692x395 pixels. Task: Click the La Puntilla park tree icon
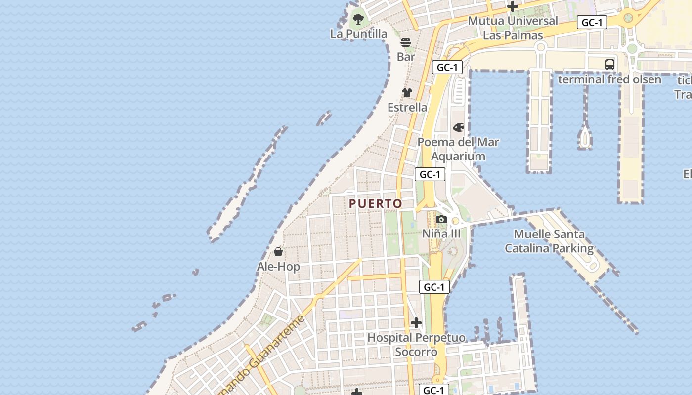click(x=358, y=20)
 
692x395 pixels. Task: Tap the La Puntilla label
click(x=358, y=34)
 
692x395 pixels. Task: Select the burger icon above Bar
click(x=406, y=43)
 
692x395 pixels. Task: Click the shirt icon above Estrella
click(x=407, y=93)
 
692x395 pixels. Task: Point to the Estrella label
click(x=407, y=107)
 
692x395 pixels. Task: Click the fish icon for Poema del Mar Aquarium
click(x=459, y=128)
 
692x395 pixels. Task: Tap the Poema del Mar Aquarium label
click(x=458, y=149)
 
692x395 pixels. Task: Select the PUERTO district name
click(x=376, y=203)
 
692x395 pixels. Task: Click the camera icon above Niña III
click(x=441, y=220)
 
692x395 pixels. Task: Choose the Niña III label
click(x=441, y=234)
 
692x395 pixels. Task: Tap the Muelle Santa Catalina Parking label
click(x=549, y=241)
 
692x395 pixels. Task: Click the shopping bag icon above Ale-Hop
click(x=278, y=252)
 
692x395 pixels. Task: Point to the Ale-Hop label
click(x=278, y=267)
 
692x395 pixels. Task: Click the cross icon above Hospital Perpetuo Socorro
click(x=416, y=323)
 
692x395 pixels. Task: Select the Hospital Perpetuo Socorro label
click(x=416, y=345)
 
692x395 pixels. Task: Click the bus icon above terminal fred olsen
click(x=610, y=65)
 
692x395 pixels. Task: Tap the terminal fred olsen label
click(x=609, y=79)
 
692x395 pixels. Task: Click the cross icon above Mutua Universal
click(x=513, y=7)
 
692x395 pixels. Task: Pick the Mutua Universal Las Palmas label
click(x=513, y=28)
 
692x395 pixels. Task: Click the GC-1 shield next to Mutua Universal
click(x=592, y=23)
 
